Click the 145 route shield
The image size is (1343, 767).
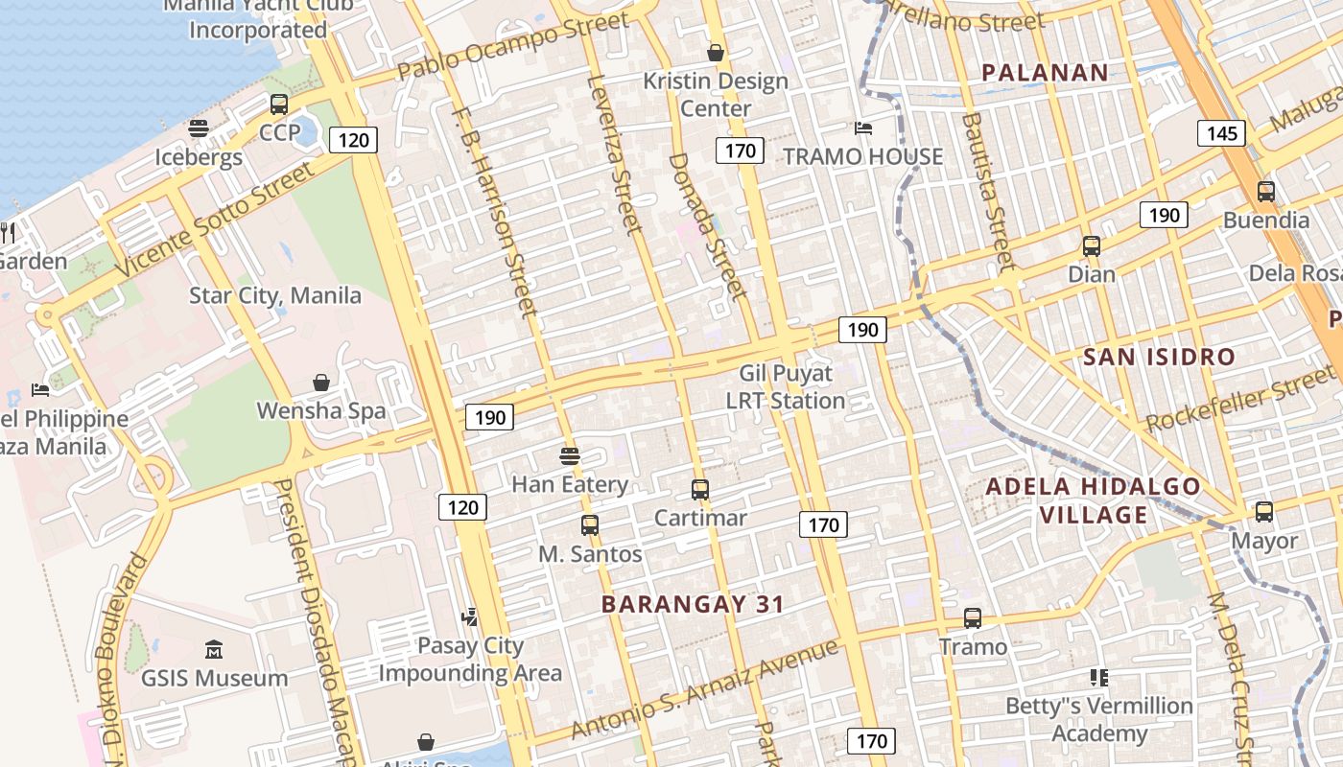[1222, 132]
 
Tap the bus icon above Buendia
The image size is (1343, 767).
[1266, 192]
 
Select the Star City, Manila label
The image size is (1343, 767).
[275, 295]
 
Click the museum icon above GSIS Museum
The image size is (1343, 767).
[214, 650]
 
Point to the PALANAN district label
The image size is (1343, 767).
[1046, 72]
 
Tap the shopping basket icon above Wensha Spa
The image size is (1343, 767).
[321, 383]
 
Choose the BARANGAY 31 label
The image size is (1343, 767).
[693, 604]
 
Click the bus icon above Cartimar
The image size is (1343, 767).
[700, 490]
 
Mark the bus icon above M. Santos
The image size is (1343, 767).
[590, 525]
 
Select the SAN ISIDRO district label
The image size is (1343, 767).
[1159, 358]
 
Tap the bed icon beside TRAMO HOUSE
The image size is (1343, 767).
[863, 128]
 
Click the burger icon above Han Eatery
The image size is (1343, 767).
[570, 455]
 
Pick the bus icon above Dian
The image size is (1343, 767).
[1092, 246]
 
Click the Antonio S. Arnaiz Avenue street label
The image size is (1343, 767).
[704, 689]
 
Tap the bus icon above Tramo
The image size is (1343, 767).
[973, 618]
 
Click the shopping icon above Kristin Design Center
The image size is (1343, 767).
[716, 52]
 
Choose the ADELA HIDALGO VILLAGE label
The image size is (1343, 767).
[1093, 500]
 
